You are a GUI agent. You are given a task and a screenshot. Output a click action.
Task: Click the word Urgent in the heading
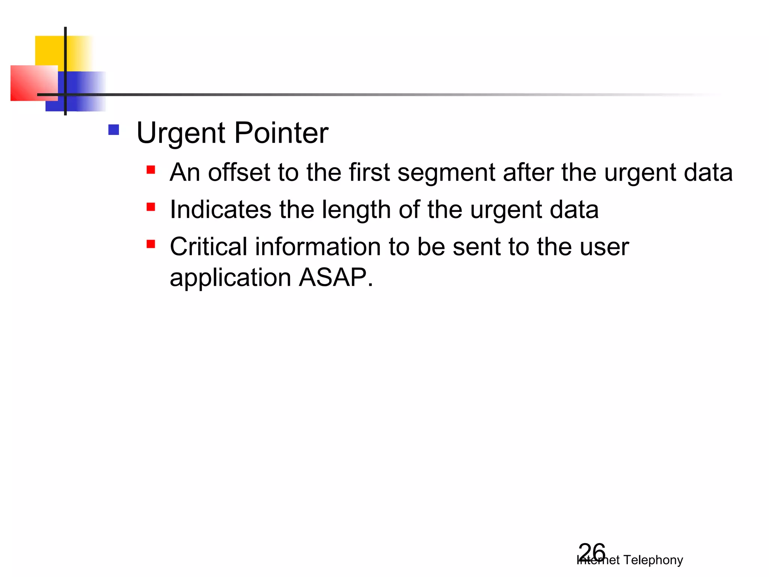click(182, 133)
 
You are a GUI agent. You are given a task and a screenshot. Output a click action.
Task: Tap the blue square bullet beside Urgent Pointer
click(113, 130)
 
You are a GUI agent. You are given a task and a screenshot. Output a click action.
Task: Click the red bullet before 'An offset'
click(151, 170)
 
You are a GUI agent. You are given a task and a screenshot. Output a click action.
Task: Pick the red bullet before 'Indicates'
click(151, 207)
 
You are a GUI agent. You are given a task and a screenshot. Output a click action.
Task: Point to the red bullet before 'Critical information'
click(151, 244)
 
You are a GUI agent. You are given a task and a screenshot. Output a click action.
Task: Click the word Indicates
click(220, 209)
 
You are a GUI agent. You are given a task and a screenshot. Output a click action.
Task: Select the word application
click(231, 278)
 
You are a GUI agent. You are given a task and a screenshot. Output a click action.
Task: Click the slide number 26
click(592, 552)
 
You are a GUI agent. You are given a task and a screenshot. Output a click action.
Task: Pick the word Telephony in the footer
click(653, 560)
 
